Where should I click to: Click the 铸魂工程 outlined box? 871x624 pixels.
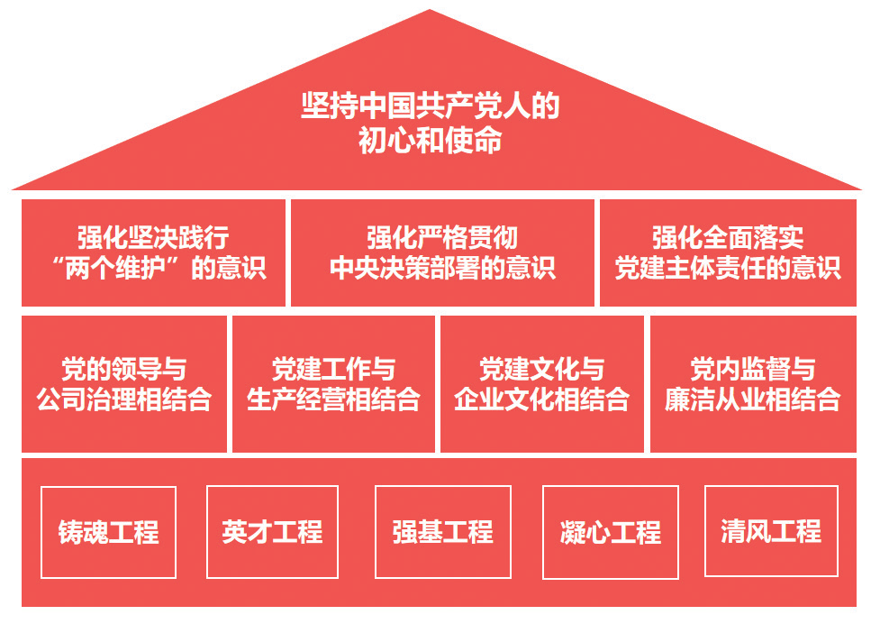coord(109,532)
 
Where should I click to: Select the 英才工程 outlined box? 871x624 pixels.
coord(272,532)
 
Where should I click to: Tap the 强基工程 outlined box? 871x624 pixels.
coord(442,532)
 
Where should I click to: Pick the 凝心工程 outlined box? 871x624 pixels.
coord(611,532)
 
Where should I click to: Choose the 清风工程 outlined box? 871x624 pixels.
coord(771,531)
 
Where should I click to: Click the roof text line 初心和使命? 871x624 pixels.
coord(431,142)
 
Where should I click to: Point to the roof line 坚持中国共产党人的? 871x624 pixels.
coord(431,106)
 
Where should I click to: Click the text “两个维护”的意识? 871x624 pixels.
coord(154,269)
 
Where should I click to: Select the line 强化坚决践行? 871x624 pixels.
coord(154,238)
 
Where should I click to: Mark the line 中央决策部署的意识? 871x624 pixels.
coord(442,269)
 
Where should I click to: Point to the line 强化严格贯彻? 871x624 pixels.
coord(442,238)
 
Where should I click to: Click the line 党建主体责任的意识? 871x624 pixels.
coord(728,269)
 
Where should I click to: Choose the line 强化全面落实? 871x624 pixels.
coord(728,238)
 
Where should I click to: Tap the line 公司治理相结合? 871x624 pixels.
coord(124,399)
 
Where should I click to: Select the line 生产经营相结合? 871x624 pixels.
coord(333,399)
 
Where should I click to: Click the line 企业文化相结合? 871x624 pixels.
coord(542,399)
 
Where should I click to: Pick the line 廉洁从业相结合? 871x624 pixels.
coord(753,399)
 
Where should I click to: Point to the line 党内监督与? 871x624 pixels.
coord(753,368)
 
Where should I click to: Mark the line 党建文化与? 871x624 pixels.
coord(542,368)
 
